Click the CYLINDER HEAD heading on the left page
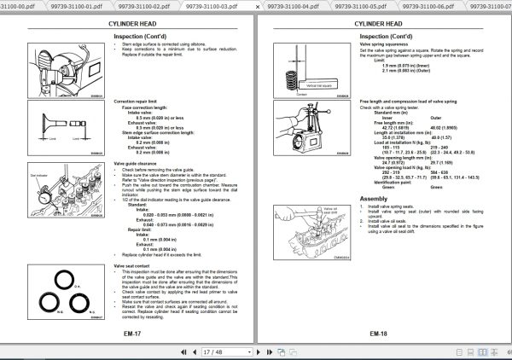click(135, 24)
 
